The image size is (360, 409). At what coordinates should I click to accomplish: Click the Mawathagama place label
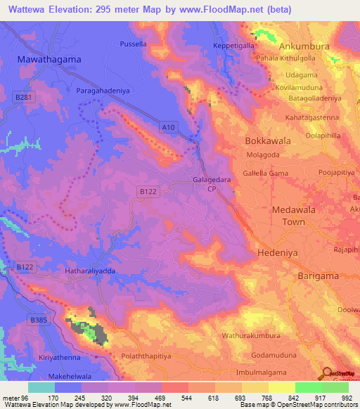click(x=49, y=60)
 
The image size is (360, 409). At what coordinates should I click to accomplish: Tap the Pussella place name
click(x=133, y=44)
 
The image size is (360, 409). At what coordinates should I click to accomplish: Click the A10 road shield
click(x=167, y=127)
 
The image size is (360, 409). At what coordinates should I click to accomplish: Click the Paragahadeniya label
click(x=104, y=91)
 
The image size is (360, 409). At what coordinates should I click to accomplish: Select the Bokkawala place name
click(x=268, y=141)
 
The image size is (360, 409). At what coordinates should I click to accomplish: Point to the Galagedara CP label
click(x=211, y=183)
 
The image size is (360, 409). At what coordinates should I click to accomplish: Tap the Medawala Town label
click(x=289, y=216)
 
